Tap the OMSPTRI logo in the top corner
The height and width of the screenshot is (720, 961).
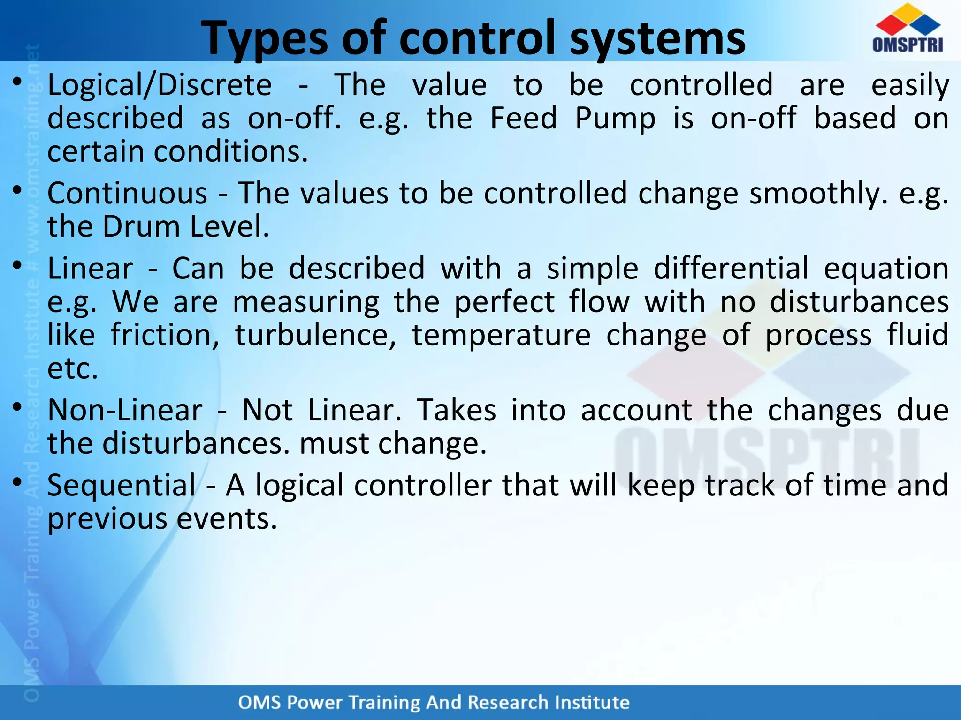point(908,29)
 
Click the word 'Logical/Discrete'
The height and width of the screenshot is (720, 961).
point(160,85)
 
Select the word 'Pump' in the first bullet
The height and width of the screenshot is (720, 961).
point(615,119)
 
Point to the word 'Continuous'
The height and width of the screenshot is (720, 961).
point(127,194)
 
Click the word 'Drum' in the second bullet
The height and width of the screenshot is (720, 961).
point(141,227)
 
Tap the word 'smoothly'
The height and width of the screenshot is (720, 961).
point(818,194)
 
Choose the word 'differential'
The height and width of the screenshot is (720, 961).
point(731,269)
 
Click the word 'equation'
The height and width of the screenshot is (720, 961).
point(886,270)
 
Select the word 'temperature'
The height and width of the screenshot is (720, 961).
point(501,336)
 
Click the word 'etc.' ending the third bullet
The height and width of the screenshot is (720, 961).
point(73,369)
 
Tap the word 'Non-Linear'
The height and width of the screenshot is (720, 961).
point(125,410)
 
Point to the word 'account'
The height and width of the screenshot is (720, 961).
point(636,410)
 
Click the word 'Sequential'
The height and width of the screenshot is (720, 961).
point(122,485)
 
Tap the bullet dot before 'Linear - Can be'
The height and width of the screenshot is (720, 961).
point(17,265)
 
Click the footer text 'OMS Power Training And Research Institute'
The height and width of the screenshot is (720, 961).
point(434,702)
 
